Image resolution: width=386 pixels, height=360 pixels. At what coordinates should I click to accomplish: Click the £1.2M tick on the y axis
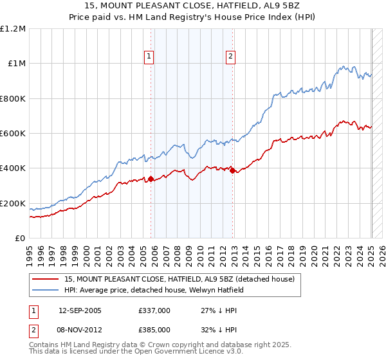pyautogui.click(x=13, y=29)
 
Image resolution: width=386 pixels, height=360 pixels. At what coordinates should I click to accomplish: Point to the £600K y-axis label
pyautogui.click(x=13, y=134)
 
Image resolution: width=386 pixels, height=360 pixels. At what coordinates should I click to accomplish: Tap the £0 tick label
pyautogui.click(x=21, y=239)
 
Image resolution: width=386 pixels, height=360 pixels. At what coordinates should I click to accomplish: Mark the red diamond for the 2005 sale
pyautogui.click(x=151, y=179)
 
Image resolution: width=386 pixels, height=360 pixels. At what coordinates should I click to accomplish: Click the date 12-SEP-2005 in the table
pyautogui.click(x=80, y=310)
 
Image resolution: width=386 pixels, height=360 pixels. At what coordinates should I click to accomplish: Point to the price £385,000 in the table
pyautogui.click(x=154, y=330)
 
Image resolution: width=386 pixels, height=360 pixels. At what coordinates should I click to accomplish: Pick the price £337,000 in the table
pyautogui.click(x=154, y=310)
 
